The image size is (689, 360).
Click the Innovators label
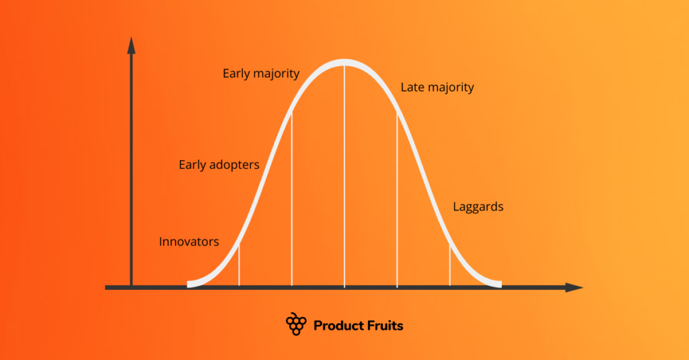[x=189, y=242]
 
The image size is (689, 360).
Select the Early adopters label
[x=219, y=165]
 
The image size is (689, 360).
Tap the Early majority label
[x=261, y=74]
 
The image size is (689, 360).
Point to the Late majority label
[x=437, y=87]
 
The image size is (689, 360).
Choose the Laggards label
[x=478, y=207]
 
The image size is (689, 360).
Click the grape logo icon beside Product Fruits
[x=296, y=324]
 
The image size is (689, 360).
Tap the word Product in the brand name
[x=339, y=326]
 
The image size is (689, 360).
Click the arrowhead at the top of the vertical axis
[x=131, y=45]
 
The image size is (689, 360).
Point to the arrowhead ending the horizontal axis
[x=574, y=287]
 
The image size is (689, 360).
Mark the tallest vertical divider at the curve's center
[x=344, y=175]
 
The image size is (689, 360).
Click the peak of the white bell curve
[x=344, y=63]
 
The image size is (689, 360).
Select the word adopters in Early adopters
[x=233, y=165]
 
